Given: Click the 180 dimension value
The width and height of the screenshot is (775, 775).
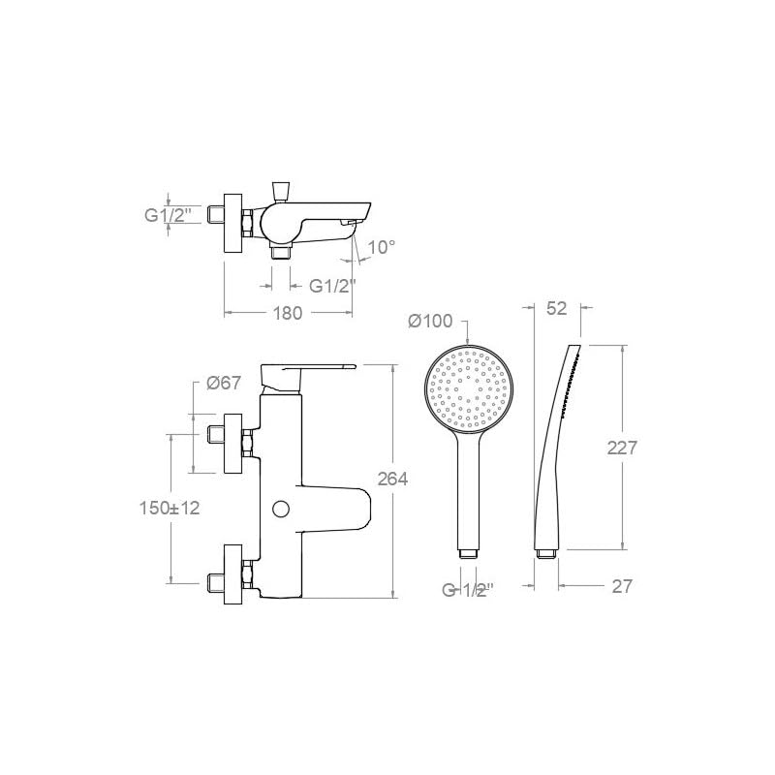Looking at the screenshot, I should tap(289, 313).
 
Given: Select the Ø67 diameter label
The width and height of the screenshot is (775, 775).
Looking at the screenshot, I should tap(224, 384).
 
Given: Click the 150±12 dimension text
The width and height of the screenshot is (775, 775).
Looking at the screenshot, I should tap(170, 508).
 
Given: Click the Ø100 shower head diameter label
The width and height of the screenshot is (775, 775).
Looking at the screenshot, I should tap(430, 321).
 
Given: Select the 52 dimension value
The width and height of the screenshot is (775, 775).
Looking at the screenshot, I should tap(556, 308).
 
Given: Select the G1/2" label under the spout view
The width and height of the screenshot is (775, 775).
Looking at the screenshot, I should tap(333, 286).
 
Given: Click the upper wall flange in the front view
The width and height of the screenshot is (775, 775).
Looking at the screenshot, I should tap(232, 444).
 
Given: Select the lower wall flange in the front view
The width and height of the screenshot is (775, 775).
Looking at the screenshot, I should tap(232, 573).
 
